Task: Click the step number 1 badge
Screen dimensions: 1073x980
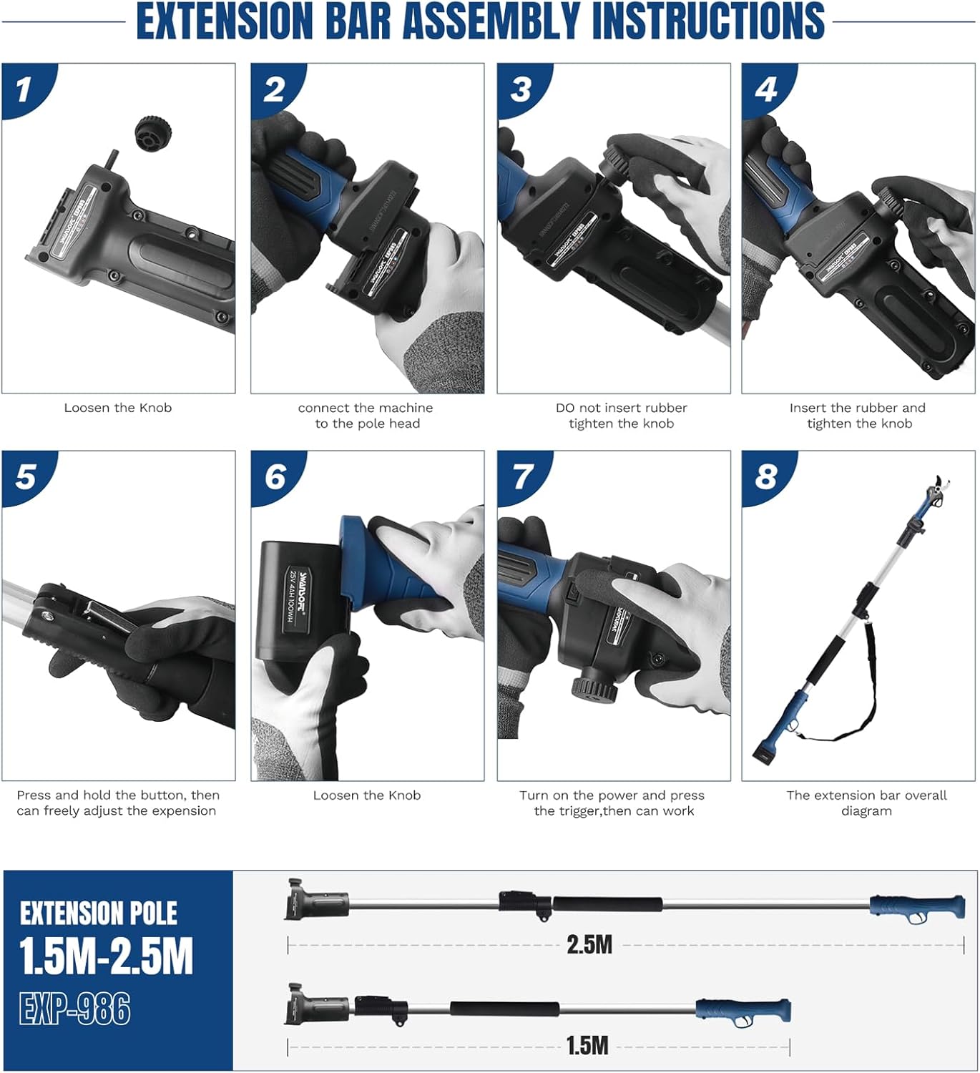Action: click(24, 89)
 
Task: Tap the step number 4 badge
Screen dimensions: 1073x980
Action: click(765, 89)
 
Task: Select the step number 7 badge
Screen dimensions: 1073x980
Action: click(523, 476)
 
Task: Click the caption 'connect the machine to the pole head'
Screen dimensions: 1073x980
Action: click(366, 416)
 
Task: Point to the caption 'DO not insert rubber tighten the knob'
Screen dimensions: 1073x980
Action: click(621, 416)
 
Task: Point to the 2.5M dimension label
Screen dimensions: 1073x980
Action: click(589, 944)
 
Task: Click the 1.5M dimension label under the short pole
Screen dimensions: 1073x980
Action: click(587, 1045)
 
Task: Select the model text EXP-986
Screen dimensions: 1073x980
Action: click(75, 1009)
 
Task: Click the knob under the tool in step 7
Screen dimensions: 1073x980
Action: click(593, 689)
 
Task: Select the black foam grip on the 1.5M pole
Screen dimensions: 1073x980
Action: click(504, 1009)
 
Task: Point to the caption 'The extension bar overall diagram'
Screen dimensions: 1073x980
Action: click(866, 803)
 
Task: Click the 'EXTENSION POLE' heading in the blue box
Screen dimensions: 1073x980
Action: click(98, 913)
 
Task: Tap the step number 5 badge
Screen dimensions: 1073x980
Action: click(25, 476)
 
